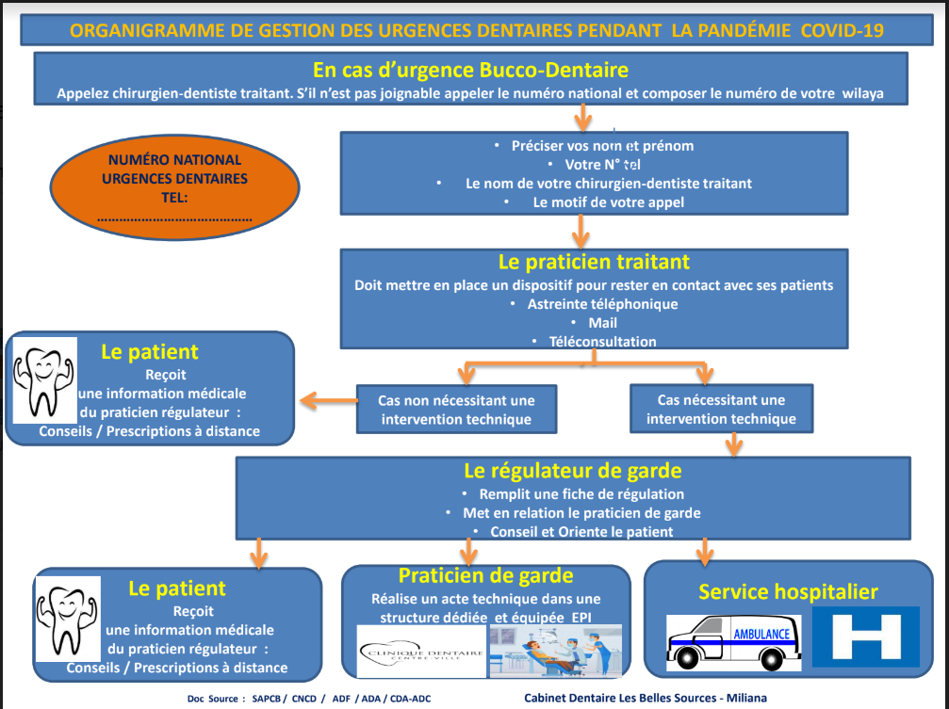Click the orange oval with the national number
pos(174,187)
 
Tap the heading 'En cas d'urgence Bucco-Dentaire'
pos(470,71)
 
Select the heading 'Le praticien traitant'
pos(594,262)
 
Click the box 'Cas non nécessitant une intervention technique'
pos(456,410)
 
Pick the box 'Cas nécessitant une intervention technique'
pos(721,409)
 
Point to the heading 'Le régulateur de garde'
pos(573,471)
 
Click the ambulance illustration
pos(733,642)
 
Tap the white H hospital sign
pos(865,636)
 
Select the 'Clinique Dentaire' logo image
pos(421,652)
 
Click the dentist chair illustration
pos(555,651)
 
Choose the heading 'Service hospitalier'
pos(788,591)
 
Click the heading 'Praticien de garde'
pos(485,575)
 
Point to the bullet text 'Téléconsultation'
pos(602,342)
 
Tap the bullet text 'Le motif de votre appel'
pos(608,202)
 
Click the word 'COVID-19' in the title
pos(842,31)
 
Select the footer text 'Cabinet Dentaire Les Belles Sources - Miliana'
pos(646,698)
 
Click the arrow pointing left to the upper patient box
pos(329,400)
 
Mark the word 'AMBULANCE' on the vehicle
pos(761,634)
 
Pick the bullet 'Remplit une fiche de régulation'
pos(581,494)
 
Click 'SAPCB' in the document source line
pos(267,699)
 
